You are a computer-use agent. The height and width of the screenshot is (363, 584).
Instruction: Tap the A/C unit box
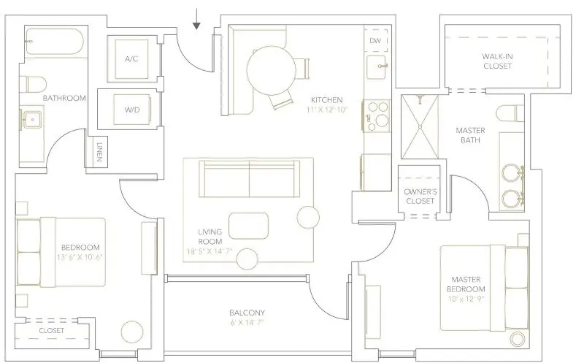[131, 58]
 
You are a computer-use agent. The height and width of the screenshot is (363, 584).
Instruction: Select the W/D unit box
[131, 110]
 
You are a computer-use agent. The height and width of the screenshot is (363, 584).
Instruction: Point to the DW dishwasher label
[374, 41]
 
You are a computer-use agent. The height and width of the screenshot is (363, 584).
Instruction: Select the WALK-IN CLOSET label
[497, 61]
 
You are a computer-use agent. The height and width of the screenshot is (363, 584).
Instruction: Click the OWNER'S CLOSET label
[420, 196]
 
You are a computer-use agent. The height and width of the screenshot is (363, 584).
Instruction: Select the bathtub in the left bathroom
[53, 44]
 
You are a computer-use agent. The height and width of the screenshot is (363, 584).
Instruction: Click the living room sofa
[250, 178]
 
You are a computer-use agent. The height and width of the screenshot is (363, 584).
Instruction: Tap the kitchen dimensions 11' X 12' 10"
[328, 109]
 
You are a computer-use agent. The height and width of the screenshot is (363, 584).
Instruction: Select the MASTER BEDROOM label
[465, 285]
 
